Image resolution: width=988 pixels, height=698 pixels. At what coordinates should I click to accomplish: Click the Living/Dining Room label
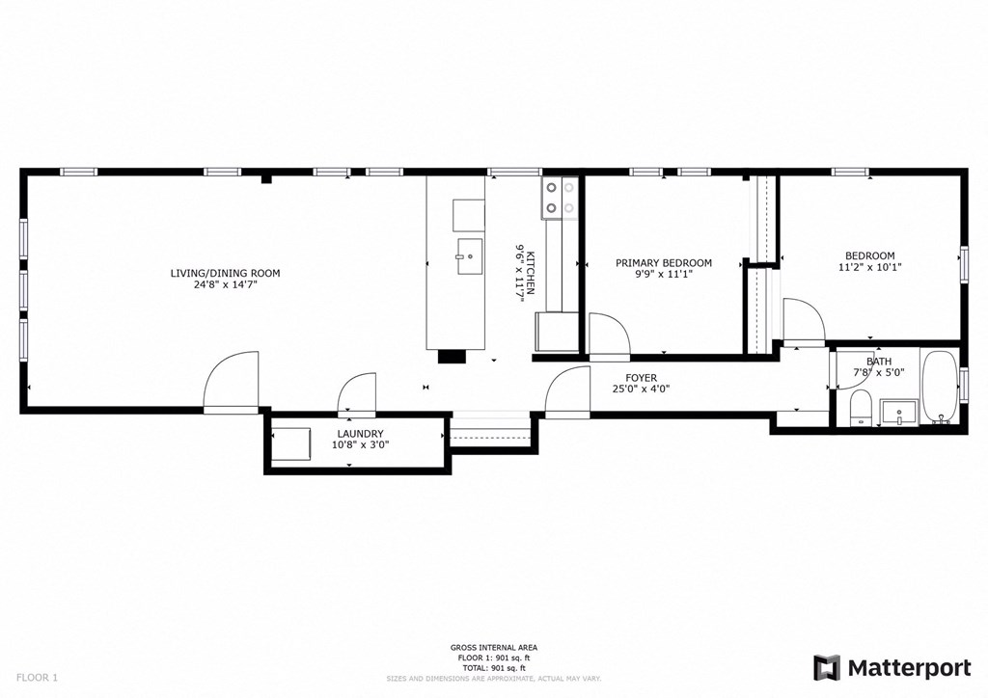point(225,273)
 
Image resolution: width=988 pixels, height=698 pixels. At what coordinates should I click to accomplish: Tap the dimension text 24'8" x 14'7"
point(225,285)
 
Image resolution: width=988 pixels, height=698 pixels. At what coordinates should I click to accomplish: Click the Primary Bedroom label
point(664,263)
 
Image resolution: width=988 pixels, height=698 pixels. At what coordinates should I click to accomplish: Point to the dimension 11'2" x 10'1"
point(871,268)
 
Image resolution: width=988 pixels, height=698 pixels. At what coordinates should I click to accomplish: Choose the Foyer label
point(642,378)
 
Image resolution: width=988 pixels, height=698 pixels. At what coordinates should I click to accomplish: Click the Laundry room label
point(360,434)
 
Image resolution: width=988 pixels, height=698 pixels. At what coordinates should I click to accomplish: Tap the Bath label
point(878,362)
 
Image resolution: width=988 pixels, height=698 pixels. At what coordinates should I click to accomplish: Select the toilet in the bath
point(861,409)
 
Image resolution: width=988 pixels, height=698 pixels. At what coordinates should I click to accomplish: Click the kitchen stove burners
point(561,198)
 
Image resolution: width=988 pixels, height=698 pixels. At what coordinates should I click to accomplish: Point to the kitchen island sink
point(468,255)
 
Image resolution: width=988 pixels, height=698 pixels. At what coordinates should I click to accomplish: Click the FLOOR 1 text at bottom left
point(36,678)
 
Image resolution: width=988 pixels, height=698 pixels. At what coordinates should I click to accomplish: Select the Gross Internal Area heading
point(494,647)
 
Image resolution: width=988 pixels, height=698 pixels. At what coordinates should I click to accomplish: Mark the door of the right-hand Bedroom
point(804,321)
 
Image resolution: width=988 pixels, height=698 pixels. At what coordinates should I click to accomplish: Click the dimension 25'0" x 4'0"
point(642,389)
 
